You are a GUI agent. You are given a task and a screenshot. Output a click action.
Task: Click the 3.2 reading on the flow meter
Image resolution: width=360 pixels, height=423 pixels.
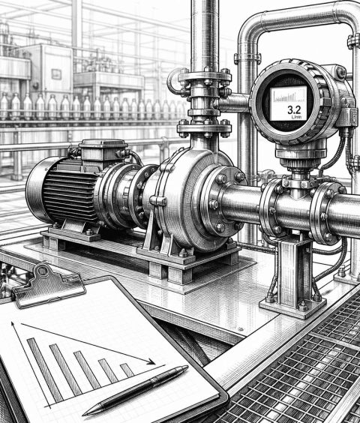pyautogui.click(x=294, y=109)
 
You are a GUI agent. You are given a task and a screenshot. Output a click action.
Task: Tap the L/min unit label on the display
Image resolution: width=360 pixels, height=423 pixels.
pyautogui.click(x=296, y=117)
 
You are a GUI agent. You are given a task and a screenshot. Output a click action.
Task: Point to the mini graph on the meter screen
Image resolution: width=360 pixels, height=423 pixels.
pyautogui.click(x=288, y=96)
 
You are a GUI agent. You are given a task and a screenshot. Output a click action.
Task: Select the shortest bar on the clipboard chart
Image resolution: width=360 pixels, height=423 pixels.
pyautogui.click(x=127, y=370)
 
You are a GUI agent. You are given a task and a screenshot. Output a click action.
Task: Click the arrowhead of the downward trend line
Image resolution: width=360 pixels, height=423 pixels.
pyautogui.click(x=151, y=361)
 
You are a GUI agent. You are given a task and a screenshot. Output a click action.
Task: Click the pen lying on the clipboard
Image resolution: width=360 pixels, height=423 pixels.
pyautogui.click(x=136, y=390)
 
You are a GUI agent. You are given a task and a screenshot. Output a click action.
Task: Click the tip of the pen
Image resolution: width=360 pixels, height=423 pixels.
pyautogui.click(x=83, y=415)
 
